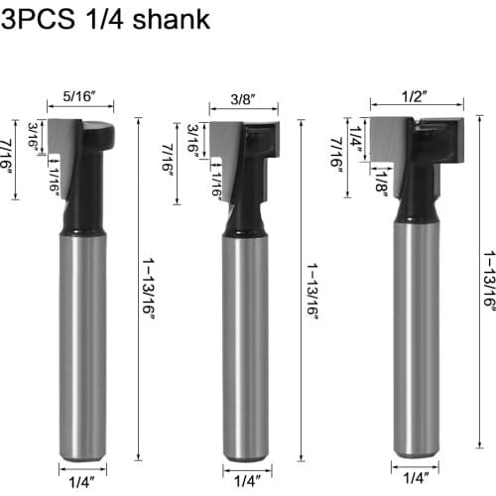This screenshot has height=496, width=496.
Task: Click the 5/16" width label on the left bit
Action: coord(80,96)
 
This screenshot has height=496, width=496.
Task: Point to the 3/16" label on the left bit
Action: coord(33,134)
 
